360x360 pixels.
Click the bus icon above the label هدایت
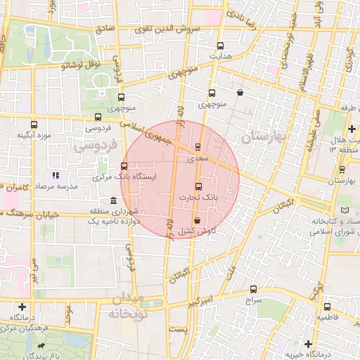(221, 45)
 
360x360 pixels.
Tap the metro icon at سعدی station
(197, 147)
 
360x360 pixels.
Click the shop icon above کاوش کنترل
(197, 221)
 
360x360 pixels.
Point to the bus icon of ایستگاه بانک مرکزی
(124, 167)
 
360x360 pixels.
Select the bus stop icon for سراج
(253, 288)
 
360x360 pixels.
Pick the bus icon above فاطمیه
(327, 307)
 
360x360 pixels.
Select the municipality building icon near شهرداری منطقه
(113, 201)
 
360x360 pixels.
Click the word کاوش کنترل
(197, 231)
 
